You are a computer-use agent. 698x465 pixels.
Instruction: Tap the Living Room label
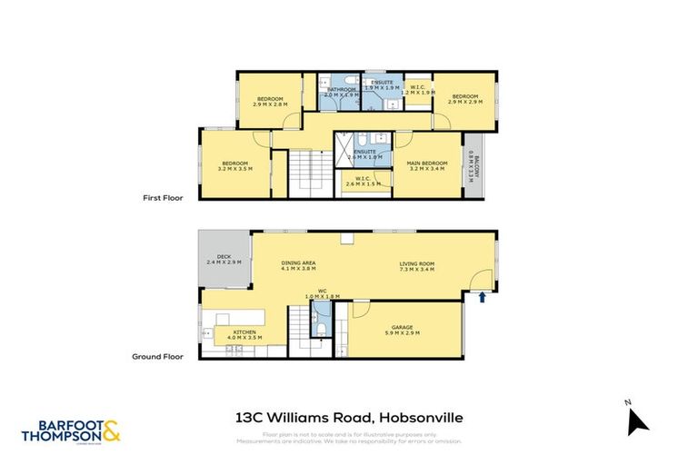click(417, 266)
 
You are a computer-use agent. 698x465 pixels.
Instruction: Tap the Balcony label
click(472, 167)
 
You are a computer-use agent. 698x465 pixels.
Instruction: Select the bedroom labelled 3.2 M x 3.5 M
click(234, 165)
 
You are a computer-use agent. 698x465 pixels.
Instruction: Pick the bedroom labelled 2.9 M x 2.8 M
click(269, 101)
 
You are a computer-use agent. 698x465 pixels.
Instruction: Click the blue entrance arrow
click(483, 296)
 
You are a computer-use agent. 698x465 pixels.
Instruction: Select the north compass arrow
click(637, 420)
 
